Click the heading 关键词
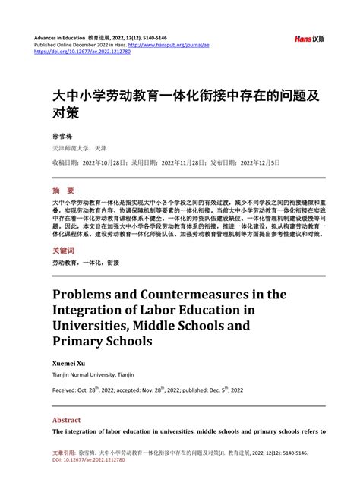[64, 248]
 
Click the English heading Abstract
[67, 418]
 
